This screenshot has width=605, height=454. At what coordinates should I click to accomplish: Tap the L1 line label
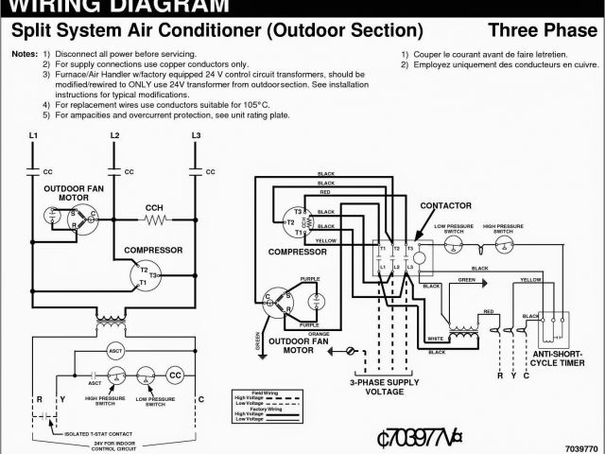pos(33,136)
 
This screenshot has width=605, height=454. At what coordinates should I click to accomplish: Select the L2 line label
pos(114,136)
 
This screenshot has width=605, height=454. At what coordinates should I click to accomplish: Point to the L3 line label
pos(196,136)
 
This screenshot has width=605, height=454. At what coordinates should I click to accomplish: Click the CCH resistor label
pos(153,207)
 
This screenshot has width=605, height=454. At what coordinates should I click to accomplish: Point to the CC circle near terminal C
pos(175,375)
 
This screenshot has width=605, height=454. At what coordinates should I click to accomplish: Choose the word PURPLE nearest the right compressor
pos(310,279)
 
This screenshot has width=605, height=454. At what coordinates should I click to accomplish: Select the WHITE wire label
pos(436,339)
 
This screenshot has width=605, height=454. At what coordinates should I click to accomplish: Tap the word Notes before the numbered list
pos(26,54)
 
